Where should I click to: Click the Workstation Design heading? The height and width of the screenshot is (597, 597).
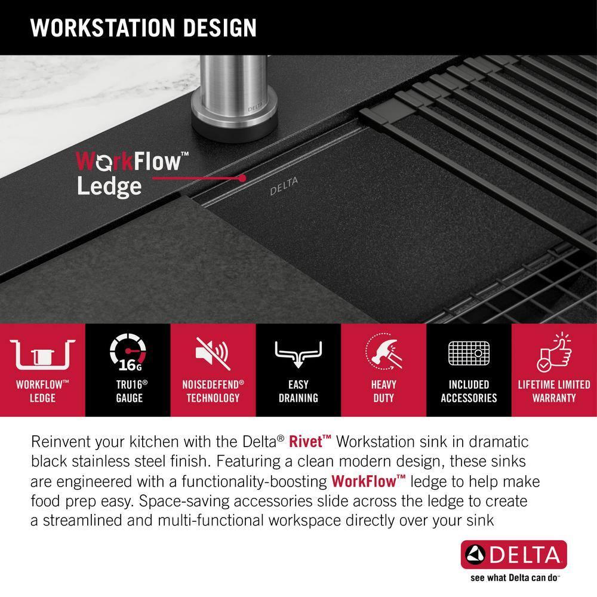pyautogui.click(x=143, y=27)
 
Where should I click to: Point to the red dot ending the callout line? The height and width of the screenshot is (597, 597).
pyautogui.click(x=242, y=178)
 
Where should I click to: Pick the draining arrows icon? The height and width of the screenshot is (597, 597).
pyautogui.click(x=298, y=356)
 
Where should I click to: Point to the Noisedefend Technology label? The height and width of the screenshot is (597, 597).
pyautogui.click(x=213, y=391)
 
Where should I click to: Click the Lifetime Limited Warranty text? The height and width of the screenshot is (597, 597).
pyautogui.click(x=554, y=391)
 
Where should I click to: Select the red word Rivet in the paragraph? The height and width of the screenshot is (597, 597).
pyautogui.click(x=310, y=442)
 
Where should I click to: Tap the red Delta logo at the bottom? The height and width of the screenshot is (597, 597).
pyautogui.click(x=513, y=556)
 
